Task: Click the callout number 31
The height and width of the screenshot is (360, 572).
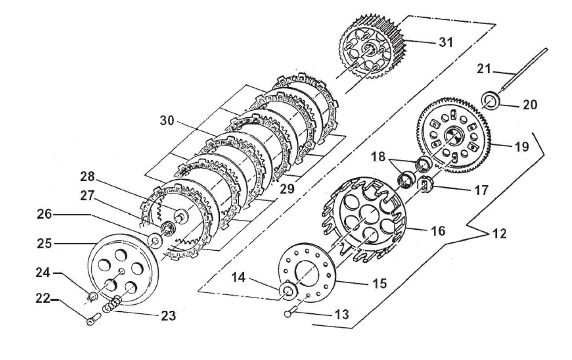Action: [445, 42]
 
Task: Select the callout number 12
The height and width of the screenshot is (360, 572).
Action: [500, 234]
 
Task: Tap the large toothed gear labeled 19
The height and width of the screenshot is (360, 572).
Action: [449, 136]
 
